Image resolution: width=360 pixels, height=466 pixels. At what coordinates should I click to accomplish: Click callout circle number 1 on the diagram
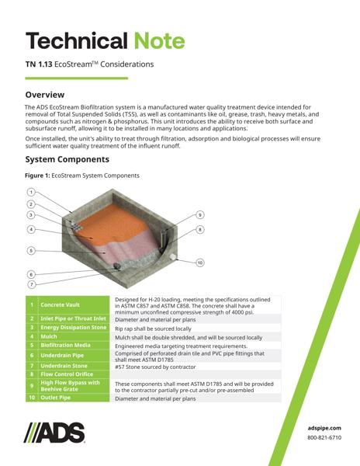[31, 192]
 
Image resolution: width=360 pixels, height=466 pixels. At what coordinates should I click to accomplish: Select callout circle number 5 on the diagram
[31, 250]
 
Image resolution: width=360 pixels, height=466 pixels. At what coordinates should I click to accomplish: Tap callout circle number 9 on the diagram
[199, 214]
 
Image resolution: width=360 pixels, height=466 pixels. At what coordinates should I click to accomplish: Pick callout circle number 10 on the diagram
[200, 263]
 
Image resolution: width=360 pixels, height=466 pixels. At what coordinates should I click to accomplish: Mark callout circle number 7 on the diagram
[31, 285]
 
